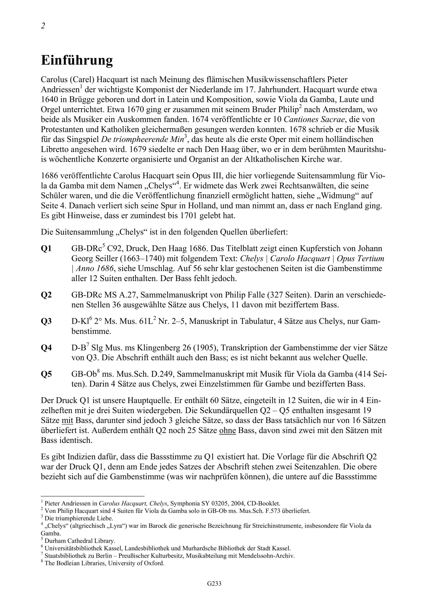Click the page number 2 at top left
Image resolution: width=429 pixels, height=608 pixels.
pyautogui.click(x=43, y=26)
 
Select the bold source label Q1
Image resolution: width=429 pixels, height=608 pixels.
pyautogui.click(x=46, y=249)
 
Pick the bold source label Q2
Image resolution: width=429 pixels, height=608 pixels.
pyautogui.click(x=46, y=295)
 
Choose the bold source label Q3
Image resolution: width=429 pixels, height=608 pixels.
pyautogui.click(x=46, y=322)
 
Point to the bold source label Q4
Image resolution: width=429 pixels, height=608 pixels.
pyautogui.click(x=46, y=348)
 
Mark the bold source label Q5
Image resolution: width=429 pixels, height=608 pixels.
pyautogui.click(x=46, y=375)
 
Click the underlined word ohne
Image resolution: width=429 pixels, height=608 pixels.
pyautogui.click(x=227, y=431)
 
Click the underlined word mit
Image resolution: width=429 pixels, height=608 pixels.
pyautogui.click(x=67, y=421)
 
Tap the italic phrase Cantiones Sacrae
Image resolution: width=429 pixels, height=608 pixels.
pyautogui.click(x=314, y=119)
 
